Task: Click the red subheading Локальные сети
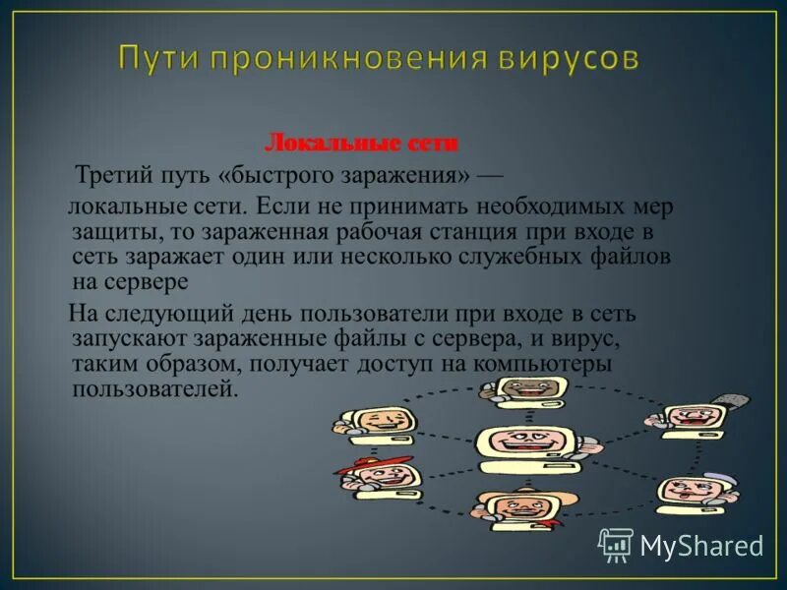pyautogui.click(x=362, y=144)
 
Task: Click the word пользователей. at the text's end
pyautogui.click(x=155, y=388)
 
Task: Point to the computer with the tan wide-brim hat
pyautogui.click(x=515, y=504)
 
